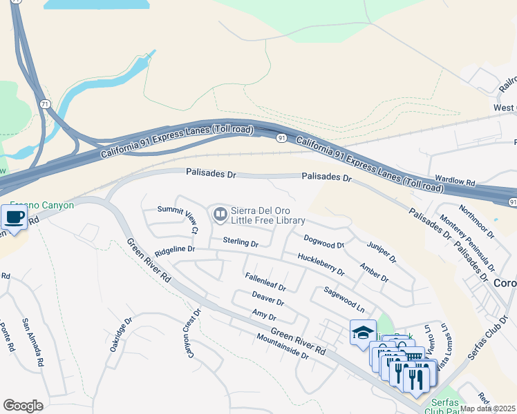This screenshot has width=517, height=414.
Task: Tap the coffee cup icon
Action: click(x=14, y=218)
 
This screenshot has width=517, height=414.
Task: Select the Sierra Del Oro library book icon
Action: click(x=220, y=215)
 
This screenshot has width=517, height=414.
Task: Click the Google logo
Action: click(x=23, y=406)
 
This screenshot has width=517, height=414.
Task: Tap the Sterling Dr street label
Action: click(x=241, y=243)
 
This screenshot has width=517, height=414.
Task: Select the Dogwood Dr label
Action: click(x=323, y=241)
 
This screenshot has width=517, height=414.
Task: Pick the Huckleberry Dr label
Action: click(x=321, y=265)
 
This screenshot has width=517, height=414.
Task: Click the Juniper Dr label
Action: click(x=382, y=251)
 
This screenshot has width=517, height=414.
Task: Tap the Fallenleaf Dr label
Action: click(x=265, y=282)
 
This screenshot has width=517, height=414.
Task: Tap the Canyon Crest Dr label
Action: click(x=191, y=333)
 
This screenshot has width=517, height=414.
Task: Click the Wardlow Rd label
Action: click(x=451, y=183)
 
